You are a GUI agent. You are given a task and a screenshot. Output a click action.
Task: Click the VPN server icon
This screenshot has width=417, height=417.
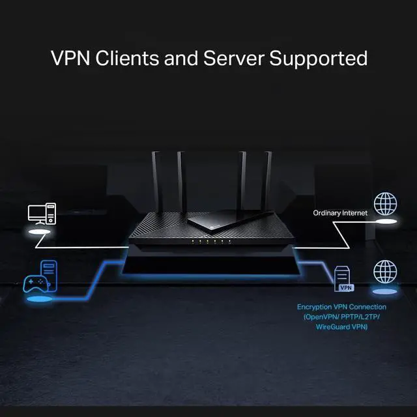343,279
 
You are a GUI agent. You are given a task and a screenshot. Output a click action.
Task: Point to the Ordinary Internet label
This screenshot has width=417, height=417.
340,213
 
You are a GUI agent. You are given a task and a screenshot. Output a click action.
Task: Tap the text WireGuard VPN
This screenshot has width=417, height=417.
341,326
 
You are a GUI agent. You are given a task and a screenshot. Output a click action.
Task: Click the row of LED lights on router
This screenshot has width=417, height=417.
208,242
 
